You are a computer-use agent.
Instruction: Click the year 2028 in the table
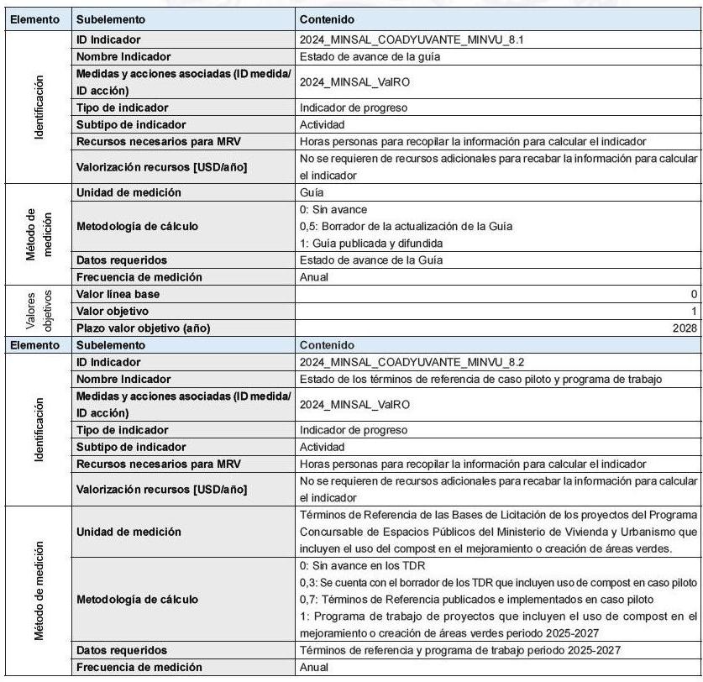click(x=685, y=328)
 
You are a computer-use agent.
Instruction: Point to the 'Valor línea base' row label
click(x=118, y=294)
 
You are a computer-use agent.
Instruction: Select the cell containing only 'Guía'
click(x=312, y=192)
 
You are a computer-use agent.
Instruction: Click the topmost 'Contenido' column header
click(x=327, y=18)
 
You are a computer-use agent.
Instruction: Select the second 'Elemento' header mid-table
click(x=34, y=344)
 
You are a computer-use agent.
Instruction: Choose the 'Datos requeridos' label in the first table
click(x=121, y=260)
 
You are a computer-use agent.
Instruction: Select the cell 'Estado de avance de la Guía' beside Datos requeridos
click(x=370, y=260)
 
